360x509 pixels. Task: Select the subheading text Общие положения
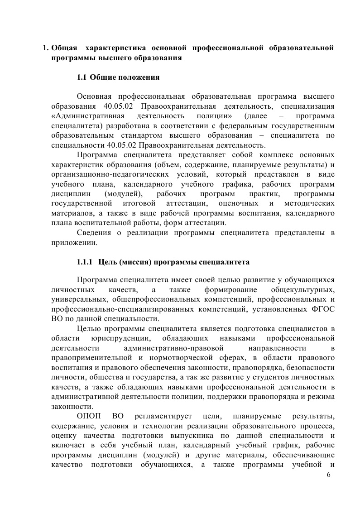[x=125, y=77]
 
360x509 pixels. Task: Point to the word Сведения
[x=94, y=233]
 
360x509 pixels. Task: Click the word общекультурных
[x=302, y=289]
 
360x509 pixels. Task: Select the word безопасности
[x=310, y=367]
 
